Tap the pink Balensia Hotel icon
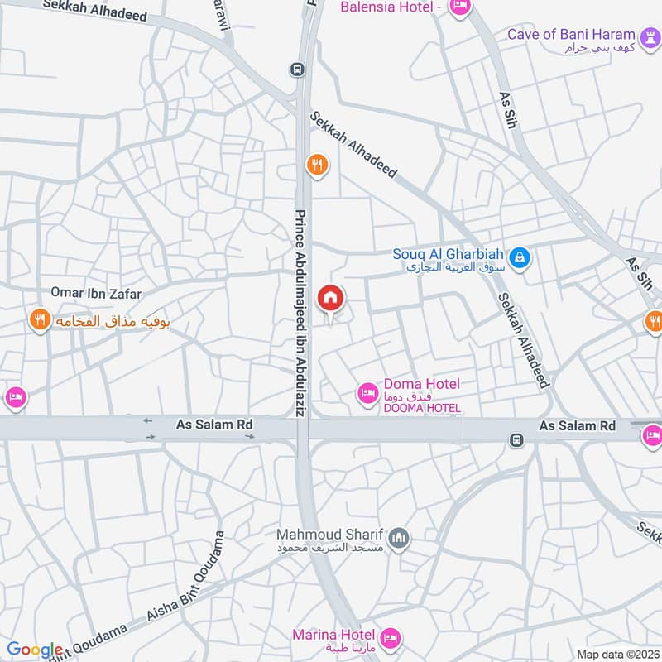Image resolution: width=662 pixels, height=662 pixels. pyautogui.click(x=459, y=7)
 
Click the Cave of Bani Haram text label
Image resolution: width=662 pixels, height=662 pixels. pyautogui.click(x=573, y=35)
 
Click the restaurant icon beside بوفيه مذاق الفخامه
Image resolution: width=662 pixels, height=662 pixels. pyautogui.click(x=39, y=319)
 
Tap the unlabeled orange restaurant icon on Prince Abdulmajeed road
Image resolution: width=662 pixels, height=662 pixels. pyautogui.click(x=316, y=165)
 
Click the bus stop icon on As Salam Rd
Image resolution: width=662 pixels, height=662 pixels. pyautogui.click(x=516, y=439)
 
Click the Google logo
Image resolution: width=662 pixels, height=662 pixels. pyautogui.click(x=35, y=650)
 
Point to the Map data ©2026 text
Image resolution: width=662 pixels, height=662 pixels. pyautogui.click(x=616, y=654)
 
